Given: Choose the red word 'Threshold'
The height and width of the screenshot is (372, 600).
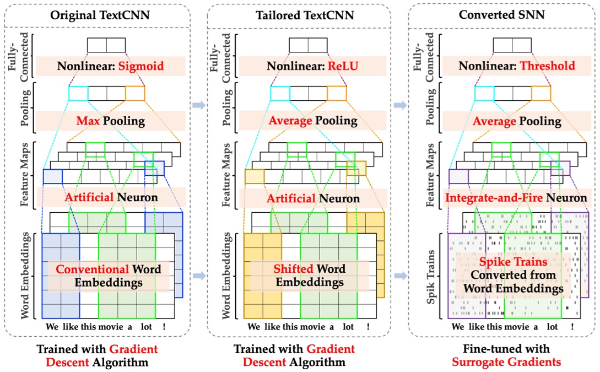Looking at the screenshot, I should coord(549,67).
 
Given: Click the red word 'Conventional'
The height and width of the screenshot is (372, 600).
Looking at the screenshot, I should coord(91,269).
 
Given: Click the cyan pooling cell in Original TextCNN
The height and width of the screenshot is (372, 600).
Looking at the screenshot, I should coord(78,93).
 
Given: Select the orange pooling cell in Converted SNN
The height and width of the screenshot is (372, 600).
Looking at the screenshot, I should coord(540,93).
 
